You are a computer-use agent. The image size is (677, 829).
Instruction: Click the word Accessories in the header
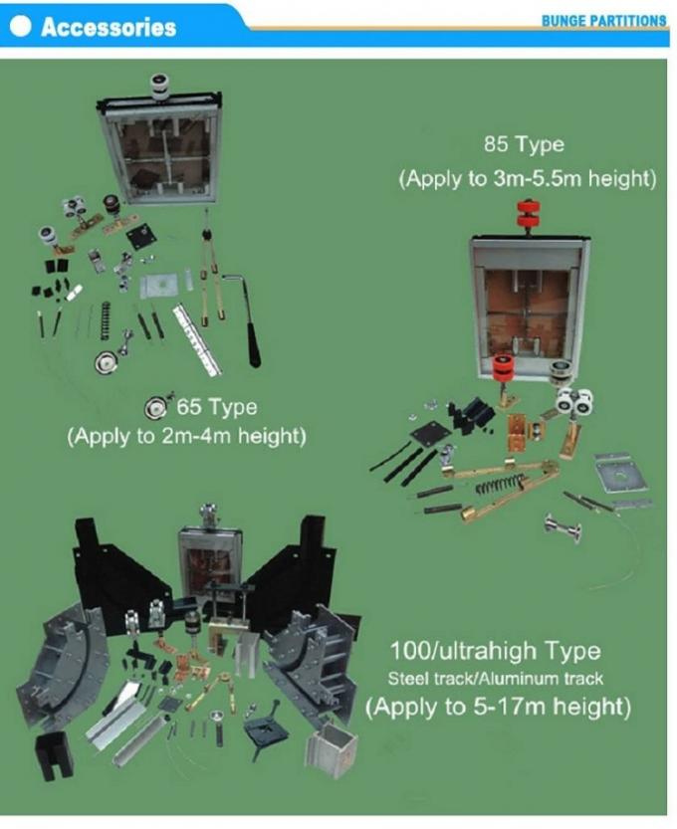pos(109,27)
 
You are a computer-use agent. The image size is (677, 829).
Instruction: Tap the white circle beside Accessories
pos(20,26)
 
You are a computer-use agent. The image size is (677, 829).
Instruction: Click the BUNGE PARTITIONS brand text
pos(603,21)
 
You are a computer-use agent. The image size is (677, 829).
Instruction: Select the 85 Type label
pos(524,144)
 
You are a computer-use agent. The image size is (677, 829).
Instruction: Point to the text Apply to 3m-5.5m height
pos(528,179)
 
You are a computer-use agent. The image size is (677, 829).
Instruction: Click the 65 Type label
pos(217,407)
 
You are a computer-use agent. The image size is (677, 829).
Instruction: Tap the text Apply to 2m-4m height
pos(187,437)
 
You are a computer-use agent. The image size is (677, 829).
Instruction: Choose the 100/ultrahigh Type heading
pos(496,651)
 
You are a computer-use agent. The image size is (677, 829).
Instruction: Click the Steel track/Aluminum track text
pos(496,679)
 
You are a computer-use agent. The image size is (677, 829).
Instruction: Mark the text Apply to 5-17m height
pos(498,707)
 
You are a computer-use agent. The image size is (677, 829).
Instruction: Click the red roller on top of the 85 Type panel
pos(530,214)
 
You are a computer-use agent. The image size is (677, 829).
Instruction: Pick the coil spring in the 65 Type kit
pos(106,320)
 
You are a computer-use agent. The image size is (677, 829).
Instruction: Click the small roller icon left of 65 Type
pos(155,407)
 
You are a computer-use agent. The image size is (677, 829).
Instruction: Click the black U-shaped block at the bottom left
pos(54,756)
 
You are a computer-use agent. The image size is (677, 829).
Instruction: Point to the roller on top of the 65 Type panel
pos(159,87)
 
